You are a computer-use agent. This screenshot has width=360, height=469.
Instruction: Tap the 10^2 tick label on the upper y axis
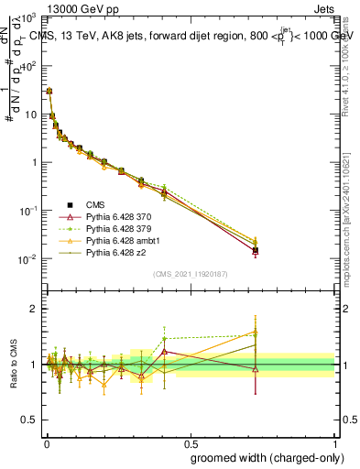28,66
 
